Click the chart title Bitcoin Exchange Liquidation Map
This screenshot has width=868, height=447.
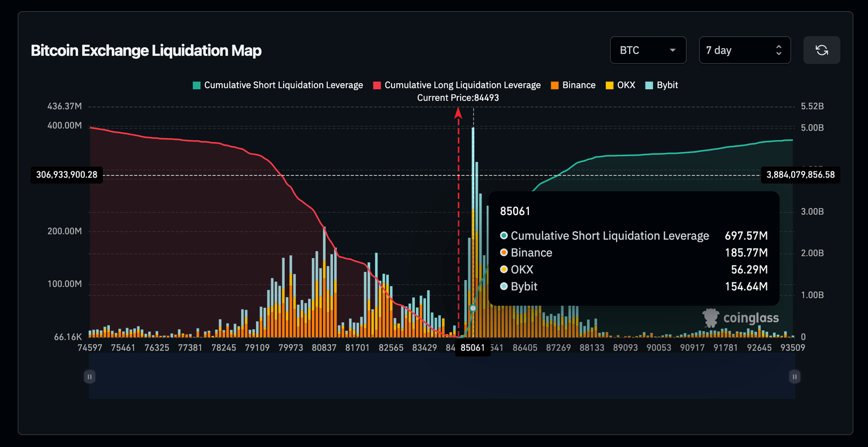click(x=146, y=50)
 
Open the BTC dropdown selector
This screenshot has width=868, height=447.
click(x=648, y=50)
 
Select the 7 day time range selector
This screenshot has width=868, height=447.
click(x=744, y=50)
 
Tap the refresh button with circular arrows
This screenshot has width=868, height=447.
click(x=822, y=50)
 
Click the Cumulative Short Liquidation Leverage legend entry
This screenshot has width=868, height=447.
click(x=277, y=85)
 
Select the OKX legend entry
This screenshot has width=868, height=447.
click(x=620, y=85)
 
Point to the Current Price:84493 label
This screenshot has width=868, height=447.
click(x=458, y=98)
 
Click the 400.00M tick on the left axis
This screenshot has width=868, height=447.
click(x=64, y=125)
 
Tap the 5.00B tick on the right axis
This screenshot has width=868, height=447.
click(x=812, y=128)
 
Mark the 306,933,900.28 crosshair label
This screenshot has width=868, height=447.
click(x=67, y=175)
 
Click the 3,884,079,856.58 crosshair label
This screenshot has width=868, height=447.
click(x=800, y=175)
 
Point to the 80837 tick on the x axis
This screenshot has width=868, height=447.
click(x=324, y=347)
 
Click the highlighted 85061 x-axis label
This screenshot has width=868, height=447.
click(x=472, y=347)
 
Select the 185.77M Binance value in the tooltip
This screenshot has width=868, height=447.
click(x=746, y=253)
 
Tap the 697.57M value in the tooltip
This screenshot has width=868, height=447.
click(x=746, y=236)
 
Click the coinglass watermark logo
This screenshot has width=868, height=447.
click(x=740, y=318)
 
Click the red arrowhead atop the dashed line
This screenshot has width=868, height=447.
click(x=458, y=113)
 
